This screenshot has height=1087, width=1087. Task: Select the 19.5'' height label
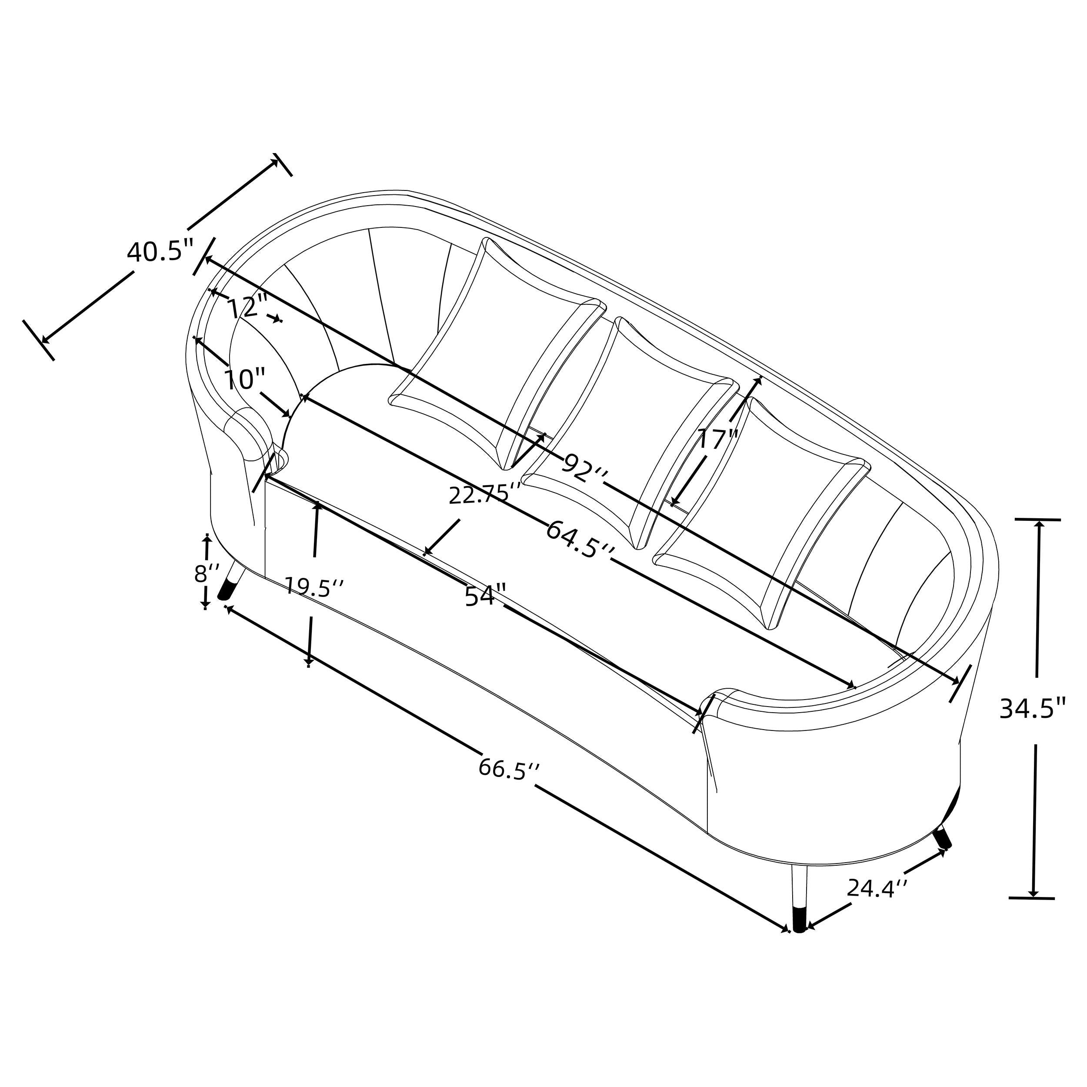(x=314, y=587)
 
